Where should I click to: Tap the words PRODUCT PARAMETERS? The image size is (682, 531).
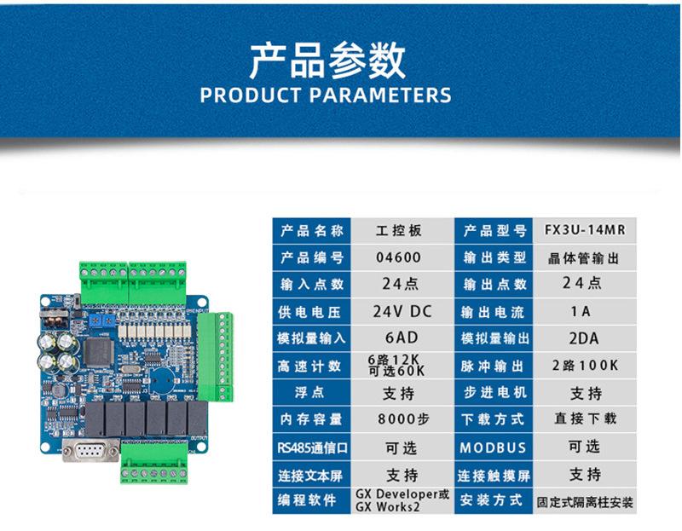(326, 95)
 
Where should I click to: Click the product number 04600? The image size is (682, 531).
(398, 257)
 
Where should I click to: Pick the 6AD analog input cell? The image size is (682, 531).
(399, 338)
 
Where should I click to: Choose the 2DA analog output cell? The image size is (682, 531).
(584, 338)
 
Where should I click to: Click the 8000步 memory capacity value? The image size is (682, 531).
(398, 419)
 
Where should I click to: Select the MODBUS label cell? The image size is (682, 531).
(494, 447)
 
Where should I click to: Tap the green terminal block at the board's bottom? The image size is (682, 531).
(154, 461)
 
